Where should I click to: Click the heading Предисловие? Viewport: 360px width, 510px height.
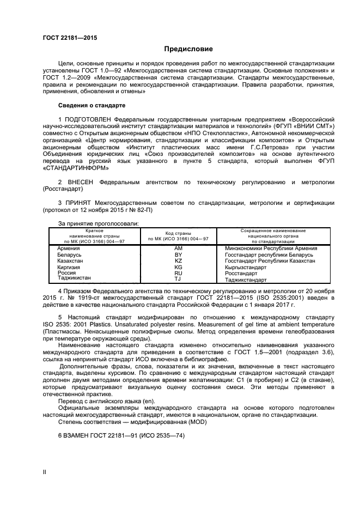coord(180,49)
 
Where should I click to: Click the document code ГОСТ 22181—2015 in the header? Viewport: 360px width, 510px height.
coord(66,38)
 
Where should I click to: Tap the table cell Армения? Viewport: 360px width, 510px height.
coord(68,248)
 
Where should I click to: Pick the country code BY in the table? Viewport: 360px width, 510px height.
coord(178,254)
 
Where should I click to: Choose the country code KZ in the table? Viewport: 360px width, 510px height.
coord(178,261)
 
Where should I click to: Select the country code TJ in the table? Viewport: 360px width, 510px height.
coord(178,279)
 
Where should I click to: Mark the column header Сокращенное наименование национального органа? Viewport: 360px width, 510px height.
coord(273,235)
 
